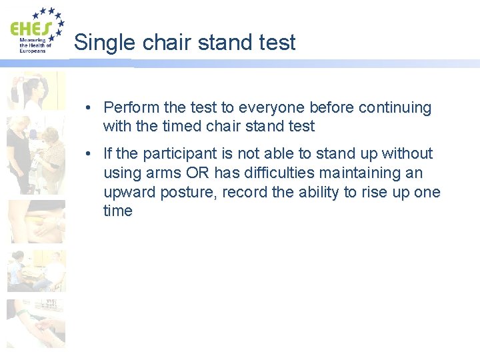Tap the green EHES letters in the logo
30,29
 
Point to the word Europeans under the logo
33,51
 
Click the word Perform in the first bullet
131,107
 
